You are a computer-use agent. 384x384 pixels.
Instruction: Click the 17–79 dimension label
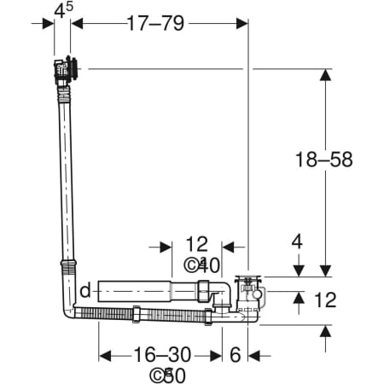coord(155,23)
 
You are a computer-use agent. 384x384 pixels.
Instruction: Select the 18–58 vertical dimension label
coord(324,159)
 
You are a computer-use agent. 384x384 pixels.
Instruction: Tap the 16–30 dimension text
coord(162,354)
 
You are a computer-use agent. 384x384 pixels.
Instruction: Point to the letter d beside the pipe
coord(85,291)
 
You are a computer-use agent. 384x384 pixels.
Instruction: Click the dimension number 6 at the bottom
coord(235,355)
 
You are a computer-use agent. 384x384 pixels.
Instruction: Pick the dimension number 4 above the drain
coord(297,242)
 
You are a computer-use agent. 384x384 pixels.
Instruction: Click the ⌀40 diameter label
coord(202,265)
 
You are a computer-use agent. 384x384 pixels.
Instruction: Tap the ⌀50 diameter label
coord(168,375)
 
